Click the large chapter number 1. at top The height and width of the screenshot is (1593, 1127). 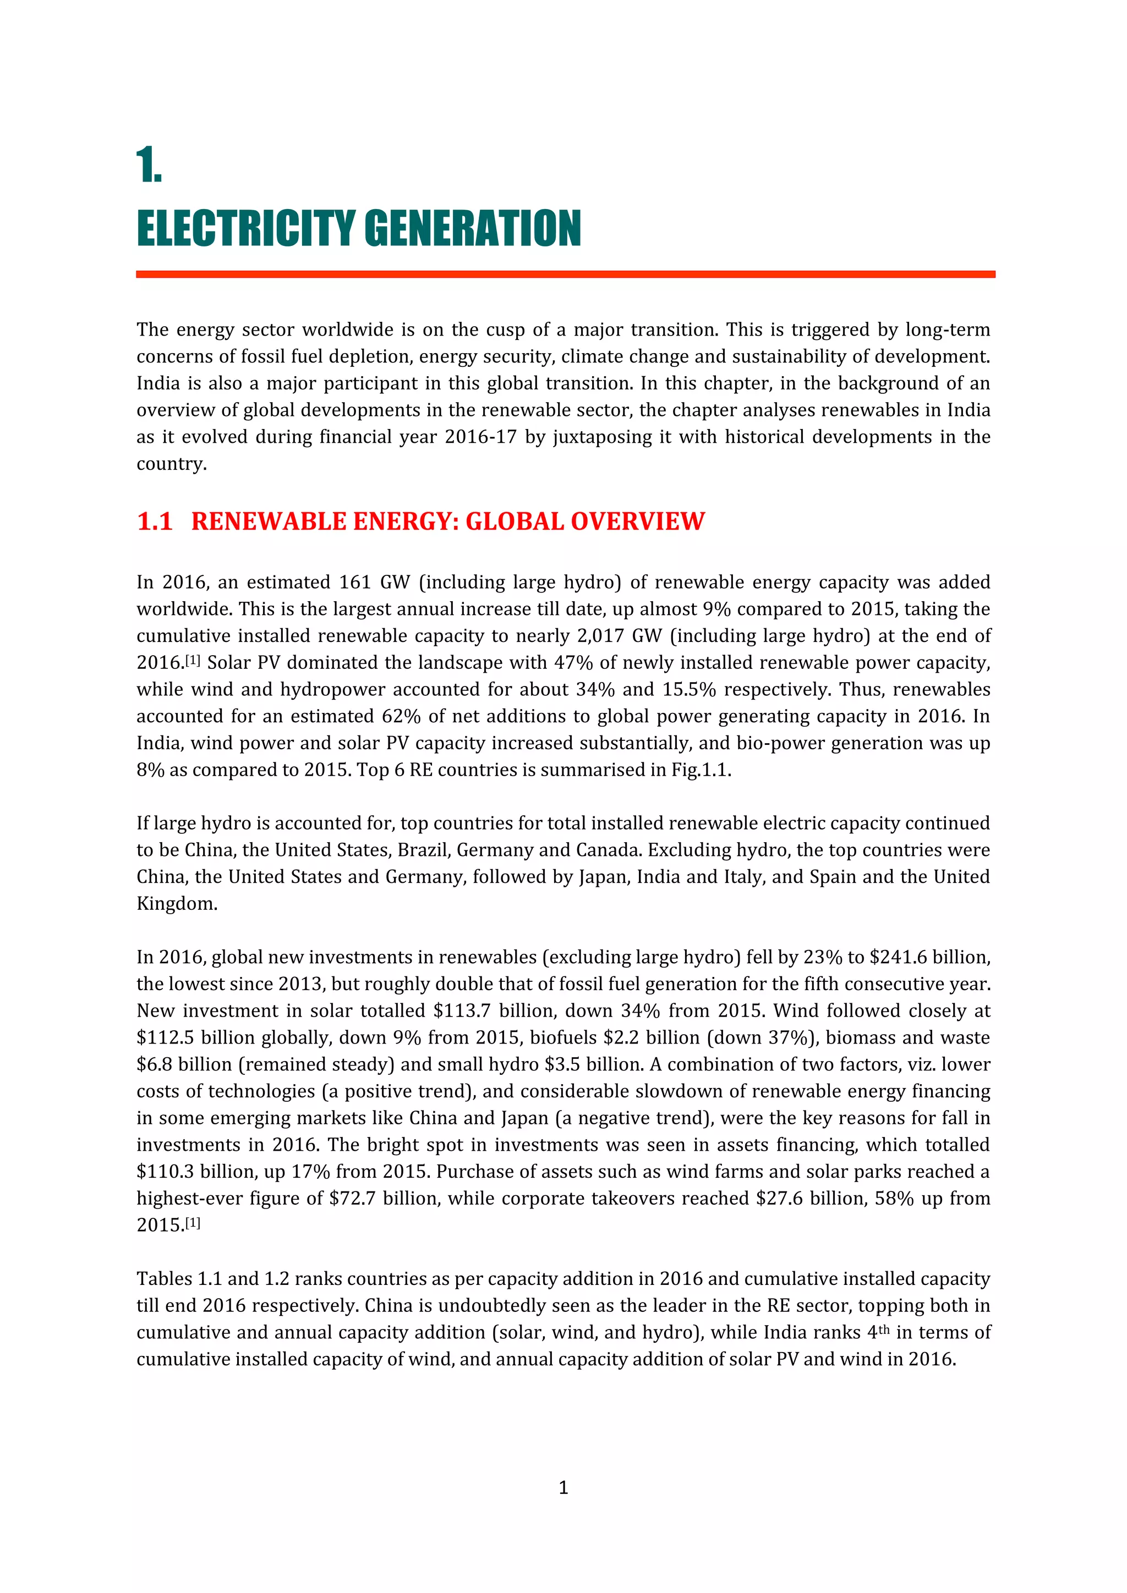149,165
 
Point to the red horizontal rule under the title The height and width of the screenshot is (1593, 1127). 565,274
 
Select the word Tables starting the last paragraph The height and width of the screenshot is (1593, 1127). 164,1279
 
